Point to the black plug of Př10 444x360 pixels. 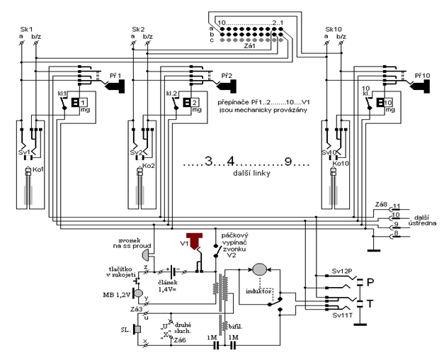coord(424,86)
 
